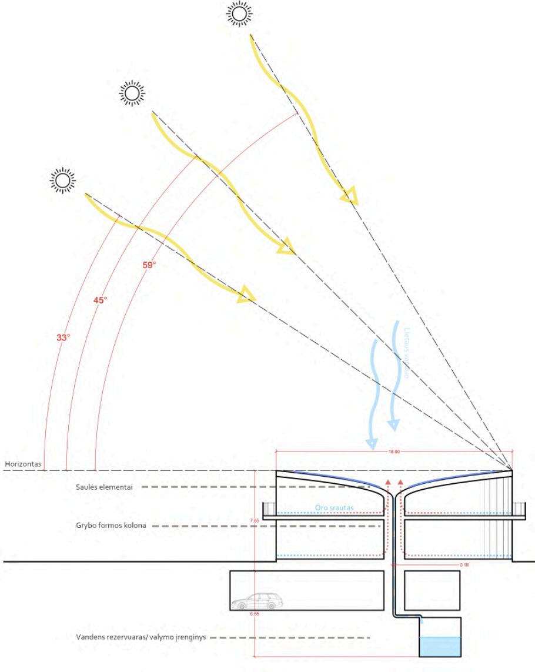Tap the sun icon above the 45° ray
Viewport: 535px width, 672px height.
coord(132,92)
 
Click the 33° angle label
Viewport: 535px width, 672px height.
coord(63,339)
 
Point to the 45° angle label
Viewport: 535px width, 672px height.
coord(101,300)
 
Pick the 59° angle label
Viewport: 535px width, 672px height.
coord(150,265)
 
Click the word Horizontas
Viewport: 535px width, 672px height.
coord(23,464)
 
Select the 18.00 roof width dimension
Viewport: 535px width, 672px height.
coord(393,452)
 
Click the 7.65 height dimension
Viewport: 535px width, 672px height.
coord(255,521)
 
